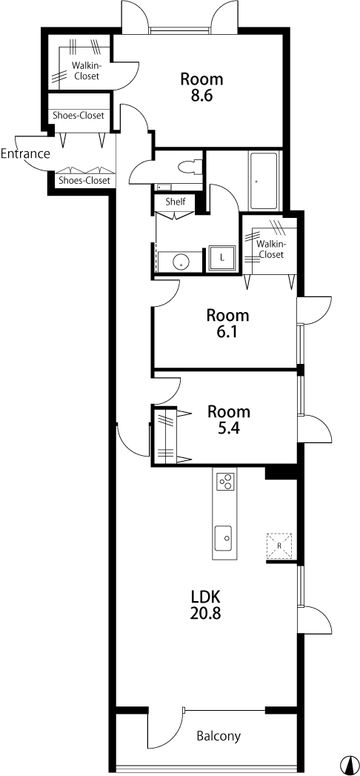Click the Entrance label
coord(25,154)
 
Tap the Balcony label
coord(219,736)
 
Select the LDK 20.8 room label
coord(205,605)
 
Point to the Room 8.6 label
coord(201,87)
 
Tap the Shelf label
coord(176,202)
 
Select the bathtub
coord(264,181)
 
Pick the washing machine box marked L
coord(222,258)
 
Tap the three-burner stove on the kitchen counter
coord(225,480)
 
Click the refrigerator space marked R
coord(279,545)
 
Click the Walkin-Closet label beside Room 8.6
coord(86,70)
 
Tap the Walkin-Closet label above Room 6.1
coord(270,250)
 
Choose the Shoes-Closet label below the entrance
coord(84,181)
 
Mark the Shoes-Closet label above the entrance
coord(79,116)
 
